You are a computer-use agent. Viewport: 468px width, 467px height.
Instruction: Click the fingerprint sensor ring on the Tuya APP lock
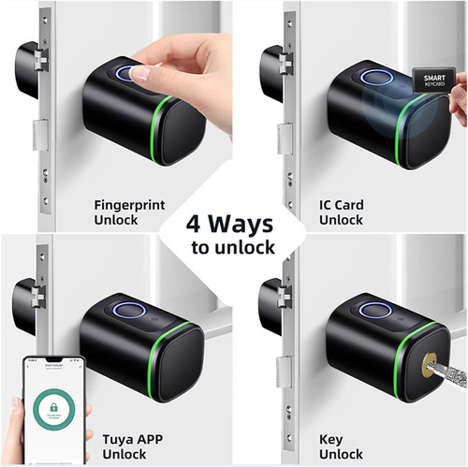pos(128,310)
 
